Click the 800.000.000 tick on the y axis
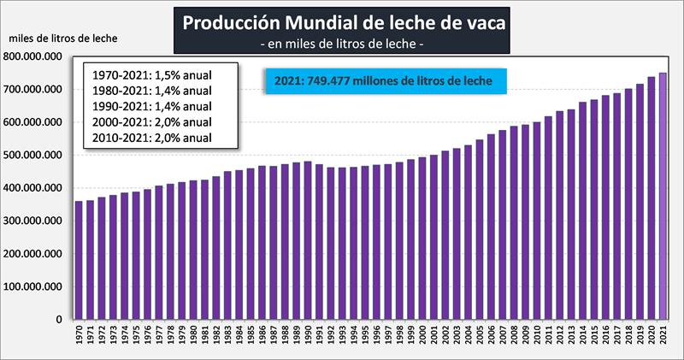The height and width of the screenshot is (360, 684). pyautogui.click(x=36, y=56)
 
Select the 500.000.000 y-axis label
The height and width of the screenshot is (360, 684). pyautogui.click(x=36, y=156)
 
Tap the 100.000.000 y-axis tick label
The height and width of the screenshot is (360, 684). pyautogui.click(x=36, y=287)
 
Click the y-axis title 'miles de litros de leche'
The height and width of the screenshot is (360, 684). pyautogui.click(x=63, y=38)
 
